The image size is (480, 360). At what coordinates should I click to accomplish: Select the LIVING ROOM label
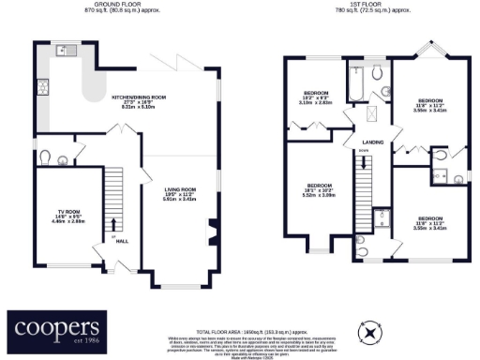[178, 188]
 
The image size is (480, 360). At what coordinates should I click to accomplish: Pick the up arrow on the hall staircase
[114, 224]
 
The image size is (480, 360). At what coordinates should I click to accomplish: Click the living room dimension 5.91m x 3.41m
[178, 200]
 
